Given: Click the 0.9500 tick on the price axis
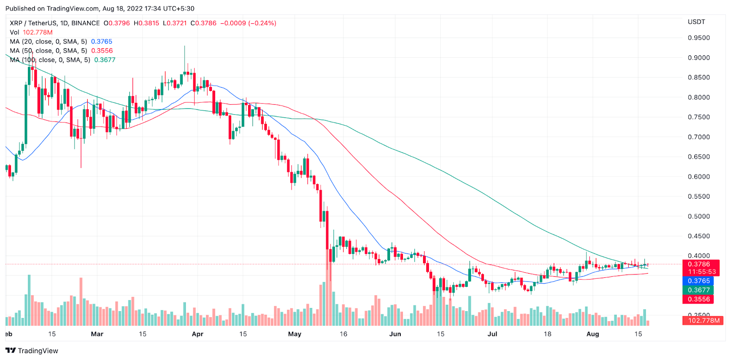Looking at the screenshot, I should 699,38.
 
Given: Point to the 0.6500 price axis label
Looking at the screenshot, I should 699,157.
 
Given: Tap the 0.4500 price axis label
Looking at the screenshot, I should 699,236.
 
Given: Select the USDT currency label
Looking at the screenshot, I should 696,22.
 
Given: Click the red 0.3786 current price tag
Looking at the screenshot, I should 699,264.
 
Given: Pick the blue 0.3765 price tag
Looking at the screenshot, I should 699,281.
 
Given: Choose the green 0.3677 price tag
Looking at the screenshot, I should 699,290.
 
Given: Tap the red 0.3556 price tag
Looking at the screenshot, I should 699,299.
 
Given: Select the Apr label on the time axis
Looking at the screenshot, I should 197,334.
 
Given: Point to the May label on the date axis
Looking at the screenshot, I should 295,334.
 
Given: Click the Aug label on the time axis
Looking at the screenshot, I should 593,334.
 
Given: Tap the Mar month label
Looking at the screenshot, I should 97,334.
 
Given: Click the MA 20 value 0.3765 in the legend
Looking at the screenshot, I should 101,42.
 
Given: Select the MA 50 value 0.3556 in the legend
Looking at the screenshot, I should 102,51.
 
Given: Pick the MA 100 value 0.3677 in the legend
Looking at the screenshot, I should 105,60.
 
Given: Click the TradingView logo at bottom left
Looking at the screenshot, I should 32,351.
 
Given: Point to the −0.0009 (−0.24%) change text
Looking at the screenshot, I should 248,23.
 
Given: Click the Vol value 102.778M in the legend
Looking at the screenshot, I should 37,32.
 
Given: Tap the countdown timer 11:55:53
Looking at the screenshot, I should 702,272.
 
